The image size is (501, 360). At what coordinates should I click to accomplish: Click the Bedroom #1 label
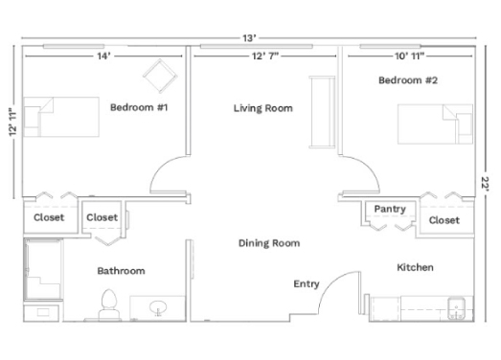click(x=139, y=107)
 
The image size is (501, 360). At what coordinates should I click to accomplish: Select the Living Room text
click(x=262, y=108)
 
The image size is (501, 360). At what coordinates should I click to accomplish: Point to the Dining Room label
click(x=268, y=243)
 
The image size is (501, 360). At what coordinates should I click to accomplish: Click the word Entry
click(x=307, y=283)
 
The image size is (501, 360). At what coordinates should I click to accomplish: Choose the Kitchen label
click(x=415, y=267)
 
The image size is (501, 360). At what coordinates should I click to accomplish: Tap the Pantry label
click(x=389, y=209)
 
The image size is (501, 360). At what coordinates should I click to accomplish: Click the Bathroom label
click(x=121, y=271)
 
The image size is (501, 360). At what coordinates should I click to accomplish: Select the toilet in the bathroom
click(x=108, y=304)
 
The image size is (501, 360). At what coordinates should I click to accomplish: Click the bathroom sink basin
click(x=159, y=307)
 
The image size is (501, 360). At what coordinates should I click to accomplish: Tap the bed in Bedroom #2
click(x=435, y=124)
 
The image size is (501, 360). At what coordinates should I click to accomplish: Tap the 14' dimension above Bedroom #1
click(x=102, y=56)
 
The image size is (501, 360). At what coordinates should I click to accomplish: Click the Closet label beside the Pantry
click(x=444, y=220)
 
